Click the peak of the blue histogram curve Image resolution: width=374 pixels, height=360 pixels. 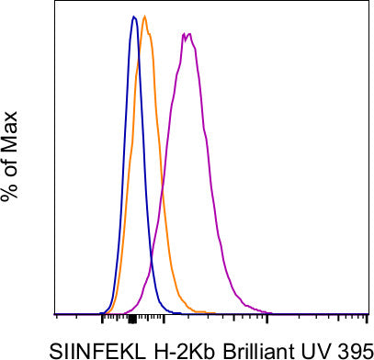(x=134, y=17)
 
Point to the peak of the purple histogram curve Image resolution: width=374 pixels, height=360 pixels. (x=187, y=35)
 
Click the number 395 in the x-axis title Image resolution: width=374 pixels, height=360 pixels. (x=349, y=350)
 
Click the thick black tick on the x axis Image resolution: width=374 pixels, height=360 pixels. (x=132, y=319)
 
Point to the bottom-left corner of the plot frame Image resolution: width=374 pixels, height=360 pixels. (x=57, y=314)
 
